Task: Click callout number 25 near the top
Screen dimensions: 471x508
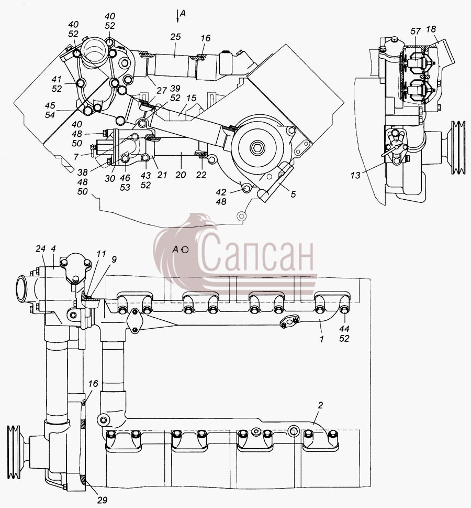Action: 176,37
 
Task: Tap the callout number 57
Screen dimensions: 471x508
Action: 416,31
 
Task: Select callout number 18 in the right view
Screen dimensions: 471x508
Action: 431,29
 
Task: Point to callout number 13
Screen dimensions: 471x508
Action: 355,175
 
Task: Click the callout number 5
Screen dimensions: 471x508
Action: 293,194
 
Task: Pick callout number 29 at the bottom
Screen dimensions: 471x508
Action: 102,500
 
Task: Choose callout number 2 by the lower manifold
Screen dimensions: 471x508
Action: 320,405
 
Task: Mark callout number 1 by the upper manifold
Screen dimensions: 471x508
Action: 321,339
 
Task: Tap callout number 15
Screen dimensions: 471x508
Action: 191,98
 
